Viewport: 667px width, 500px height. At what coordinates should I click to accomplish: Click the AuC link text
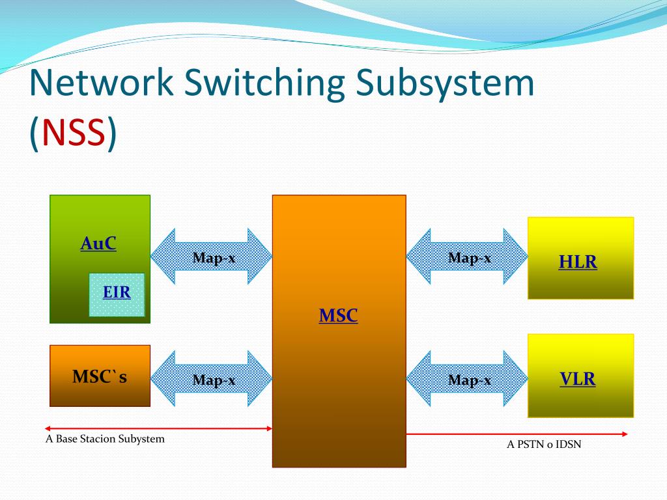point(98,243)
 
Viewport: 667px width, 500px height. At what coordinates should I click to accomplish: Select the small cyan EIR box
point(117,294)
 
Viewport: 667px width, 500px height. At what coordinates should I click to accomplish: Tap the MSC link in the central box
point(338,316)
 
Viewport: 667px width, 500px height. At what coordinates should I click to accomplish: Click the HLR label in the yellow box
point(578,262)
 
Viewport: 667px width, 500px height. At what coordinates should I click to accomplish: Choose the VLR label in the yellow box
point(578,379)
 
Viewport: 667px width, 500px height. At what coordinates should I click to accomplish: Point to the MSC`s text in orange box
point(100,376)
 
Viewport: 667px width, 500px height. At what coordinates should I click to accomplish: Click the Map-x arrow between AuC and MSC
point(212,257)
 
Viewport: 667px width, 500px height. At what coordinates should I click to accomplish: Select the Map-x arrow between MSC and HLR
point(468,257)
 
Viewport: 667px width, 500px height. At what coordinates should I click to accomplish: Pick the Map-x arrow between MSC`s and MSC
point(212,379)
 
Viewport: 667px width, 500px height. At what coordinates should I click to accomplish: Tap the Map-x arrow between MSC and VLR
point(468,379)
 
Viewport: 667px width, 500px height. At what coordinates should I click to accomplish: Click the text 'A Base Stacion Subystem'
point(105,439)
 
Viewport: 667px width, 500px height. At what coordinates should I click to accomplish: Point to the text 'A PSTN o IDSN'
point(544,445)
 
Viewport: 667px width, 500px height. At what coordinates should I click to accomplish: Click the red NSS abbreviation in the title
point(73,133)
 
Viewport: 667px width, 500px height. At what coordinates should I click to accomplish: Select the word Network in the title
point(102,83)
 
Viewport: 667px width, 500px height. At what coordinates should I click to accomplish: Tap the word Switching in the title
point(264,85)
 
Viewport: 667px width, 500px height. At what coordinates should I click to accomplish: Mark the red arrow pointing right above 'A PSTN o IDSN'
point(517,434)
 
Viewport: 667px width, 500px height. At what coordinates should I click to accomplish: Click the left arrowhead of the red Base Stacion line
point(48,428)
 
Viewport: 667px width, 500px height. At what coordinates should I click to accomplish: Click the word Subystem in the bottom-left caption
point(143,439)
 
